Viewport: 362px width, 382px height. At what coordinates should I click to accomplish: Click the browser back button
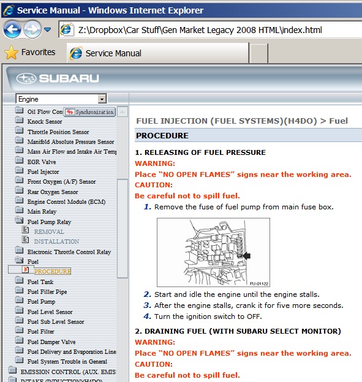12,29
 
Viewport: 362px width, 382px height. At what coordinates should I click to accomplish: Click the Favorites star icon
11,53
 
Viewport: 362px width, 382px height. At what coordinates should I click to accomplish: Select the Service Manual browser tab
113,53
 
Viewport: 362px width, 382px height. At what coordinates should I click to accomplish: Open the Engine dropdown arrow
102,99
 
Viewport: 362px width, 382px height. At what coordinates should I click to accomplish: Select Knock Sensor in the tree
45,122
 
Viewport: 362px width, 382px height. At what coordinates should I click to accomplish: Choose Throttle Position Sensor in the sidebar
58,132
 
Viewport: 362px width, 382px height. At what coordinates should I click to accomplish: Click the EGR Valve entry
42,162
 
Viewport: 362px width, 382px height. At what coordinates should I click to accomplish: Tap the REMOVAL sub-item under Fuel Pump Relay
49,232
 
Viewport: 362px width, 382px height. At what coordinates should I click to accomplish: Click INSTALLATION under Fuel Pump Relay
56,242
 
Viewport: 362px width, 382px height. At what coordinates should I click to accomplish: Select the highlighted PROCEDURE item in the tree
52,271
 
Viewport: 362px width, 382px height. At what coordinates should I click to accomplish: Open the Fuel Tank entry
40,282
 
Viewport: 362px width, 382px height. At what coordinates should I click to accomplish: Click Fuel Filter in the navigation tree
41,332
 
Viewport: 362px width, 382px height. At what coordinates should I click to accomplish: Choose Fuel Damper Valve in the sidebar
51,342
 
